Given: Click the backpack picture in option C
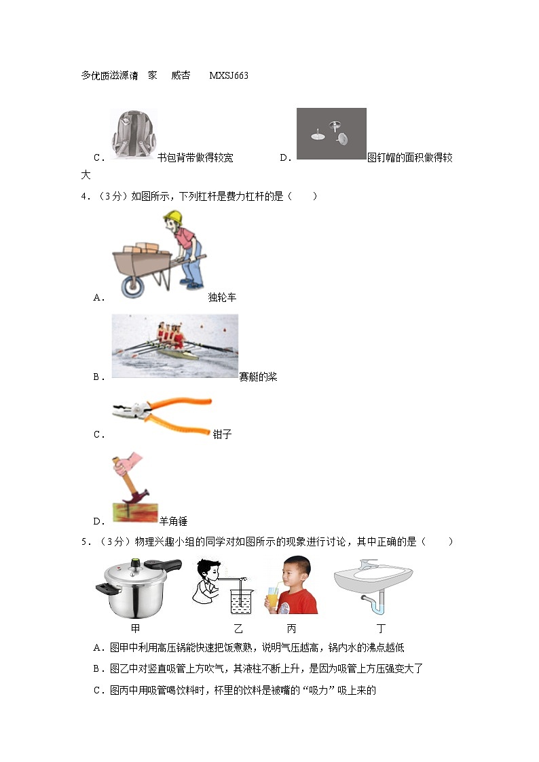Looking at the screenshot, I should pyautogui.click(x=132, y=134).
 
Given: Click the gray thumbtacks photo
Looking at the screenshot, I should pyautogui.click(x=331, y=134).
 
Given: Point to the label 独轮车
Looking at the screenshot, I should pyautogui.click(x=223, y=297).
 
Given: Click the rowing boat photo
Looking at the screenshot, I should pyautogui.click(x=175, y=345).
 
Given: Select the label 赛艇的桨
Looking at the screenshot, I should pyautogui.click(x=258, y=377).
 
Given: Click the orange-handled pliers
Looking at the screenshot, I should pyautogui.click(x=163, y=416).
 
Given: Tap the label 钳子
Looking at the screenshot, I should pyautogui.click(x=222, y=434).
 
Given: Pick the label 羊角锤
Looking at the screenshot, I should pyautogui.click(x=173, y=521).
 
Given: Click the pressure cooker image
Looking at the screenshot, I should pyautogui.click(x=138, y=588).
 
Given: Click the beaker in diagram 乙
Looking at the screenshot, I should pyautogui.click(x=240, y=601).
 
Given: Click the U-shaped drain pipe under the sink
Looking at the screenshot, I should pyautogui.click(x=375, y=601).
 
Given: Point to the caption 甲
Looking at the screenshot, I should pyautogui.click(x=136, y=628).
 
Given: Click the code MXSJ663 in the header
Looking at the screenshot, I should pyautogui.click(x=229, y=75).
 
